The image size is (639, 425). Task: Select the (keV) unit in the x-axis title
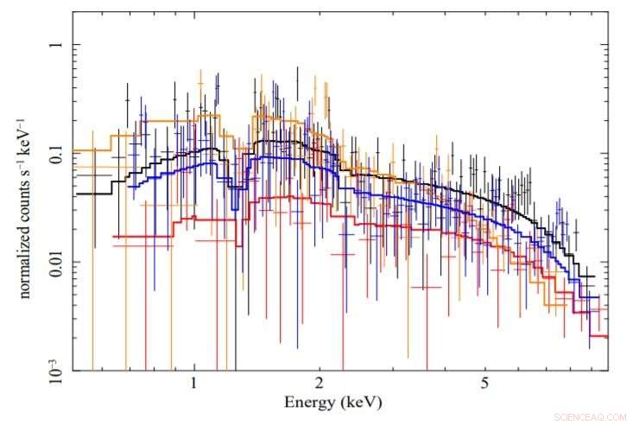(x=362, y=403)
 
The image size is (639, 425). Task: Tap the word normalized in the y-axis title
(x=25, y=258)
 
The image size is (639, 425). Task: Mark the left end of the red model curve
(x=113, y=236)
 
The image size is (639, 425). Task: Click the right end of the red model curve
(x=608, y=336)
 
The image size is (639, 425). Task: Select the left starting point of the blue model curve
(x=129, y=186)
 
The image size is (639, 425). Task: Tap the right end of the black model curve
(x=593, y=276)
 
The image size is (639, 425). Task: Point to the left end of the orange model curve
(x=75, y=149)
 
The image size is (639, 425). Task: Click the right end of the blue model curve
(x=598, y=296)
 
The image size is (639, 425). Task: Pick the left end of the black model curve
(x=75, y=193)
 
